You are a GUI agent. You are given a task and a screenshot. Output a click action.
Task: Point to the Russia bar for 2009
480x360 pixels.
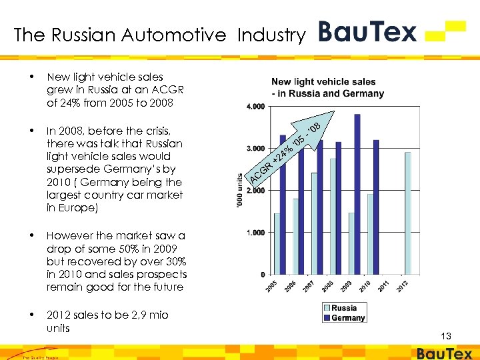pyautogui.click(x=351, y=243)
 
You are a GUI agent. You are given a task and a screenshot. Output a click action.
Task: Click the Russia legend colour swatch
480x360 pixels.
pyautogui.click(x=327, y=309)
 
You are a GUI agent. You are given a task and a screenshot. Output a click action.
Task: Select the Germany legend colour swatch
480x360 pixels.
pyautogui.click(x=327, y=318)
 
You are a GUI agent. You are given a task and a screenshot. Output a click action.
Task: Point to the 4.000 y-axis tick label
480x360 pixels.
pyautogui.click(x=255, y=107)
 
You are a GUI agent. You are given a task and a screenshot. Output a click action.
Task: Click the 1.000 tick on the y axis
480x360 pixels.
pyautogui.click(x=255, y=233)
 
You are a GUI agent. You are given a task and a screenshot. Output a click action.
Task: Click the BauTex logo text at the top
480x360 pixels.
pyautogui.click(x=367, y=31)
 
